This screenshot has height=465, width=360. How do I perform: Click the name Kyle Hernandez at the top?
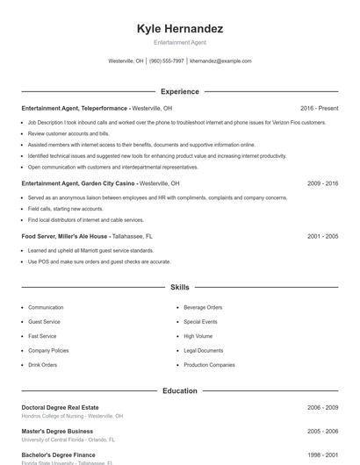180,29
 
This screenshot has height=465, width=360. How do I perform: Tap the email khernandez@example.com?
220,61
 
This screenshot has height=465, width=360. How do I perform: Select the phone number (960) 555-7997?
167,61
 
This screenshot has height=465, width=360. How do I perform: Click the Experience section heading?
180,91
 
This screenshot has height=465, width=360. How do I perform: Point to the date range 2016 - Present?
319,108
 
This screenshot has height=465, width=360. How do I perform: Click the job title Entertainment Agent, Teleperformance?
75,108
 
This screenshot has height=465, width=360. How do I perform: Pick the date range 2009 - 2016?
322,183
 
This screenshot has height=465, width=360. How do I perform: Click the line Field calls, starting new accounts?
65,209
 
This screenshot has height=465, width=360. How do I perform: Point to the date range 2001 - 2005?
322,236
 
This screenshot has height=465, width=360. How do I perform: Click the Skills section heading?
180,287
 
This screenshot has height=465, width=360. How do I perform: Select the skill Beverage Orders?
203,308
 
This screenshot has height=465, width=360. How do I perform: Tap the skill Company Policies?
48,350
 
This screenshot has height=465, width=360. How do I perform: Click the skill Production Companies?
209,365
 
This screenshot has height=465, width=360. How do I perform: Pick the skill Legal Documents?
204,350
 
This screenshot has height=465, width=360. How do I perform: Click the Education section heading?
180,390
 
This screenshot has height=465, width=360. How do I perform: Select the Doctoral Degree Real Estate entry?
60,407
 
